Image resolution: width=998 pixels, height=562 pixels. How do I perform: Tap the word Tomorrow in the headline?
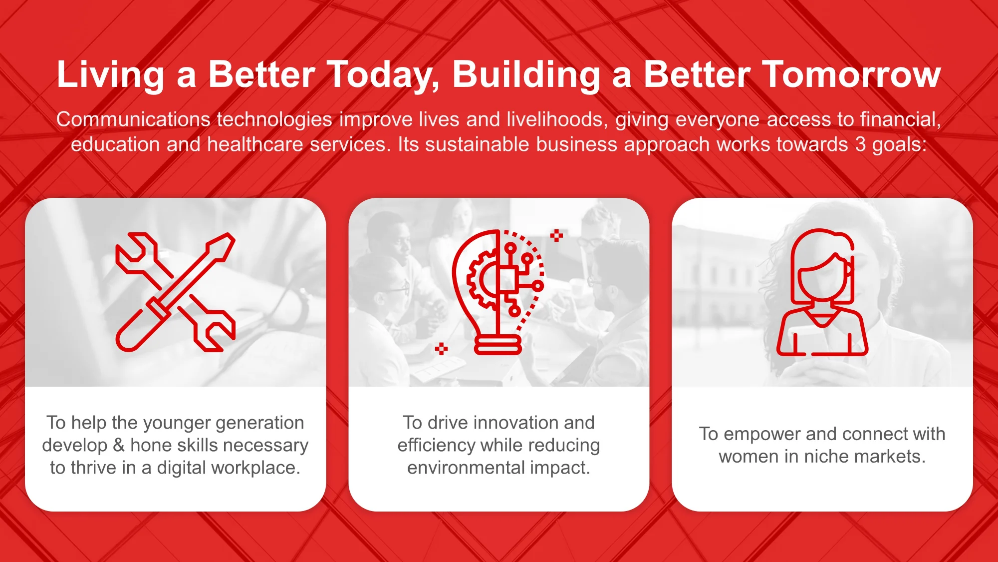point(851,75)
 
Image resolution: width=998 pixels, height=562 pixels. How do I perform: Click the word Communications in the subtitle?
point(133,119)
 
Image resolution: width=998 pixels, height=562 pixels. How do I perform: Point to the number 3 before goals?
point(860,144)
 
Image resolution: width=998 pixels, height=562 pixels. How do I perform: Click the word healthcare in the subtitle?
point(255,144)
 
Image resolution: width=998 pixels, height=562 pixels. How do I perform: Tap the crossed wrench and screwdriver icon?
point(175,292)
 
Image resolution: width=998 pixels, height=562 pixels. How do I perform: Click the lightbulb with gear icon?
point(498,292)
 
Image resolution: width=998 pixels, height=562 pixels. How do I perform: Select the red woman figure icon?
point(822,292)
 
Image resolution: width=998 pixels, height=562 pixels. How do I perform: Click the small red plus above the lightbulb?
point(556,235)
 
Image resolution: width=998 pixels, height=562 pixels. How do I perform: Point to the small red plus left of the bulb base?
point(441,349)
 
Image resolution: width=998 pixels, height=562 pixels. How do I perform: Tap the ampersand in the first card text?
point(119,445)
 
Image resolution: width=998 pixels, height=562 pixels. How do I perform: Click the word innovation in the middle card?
point(516,423)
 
